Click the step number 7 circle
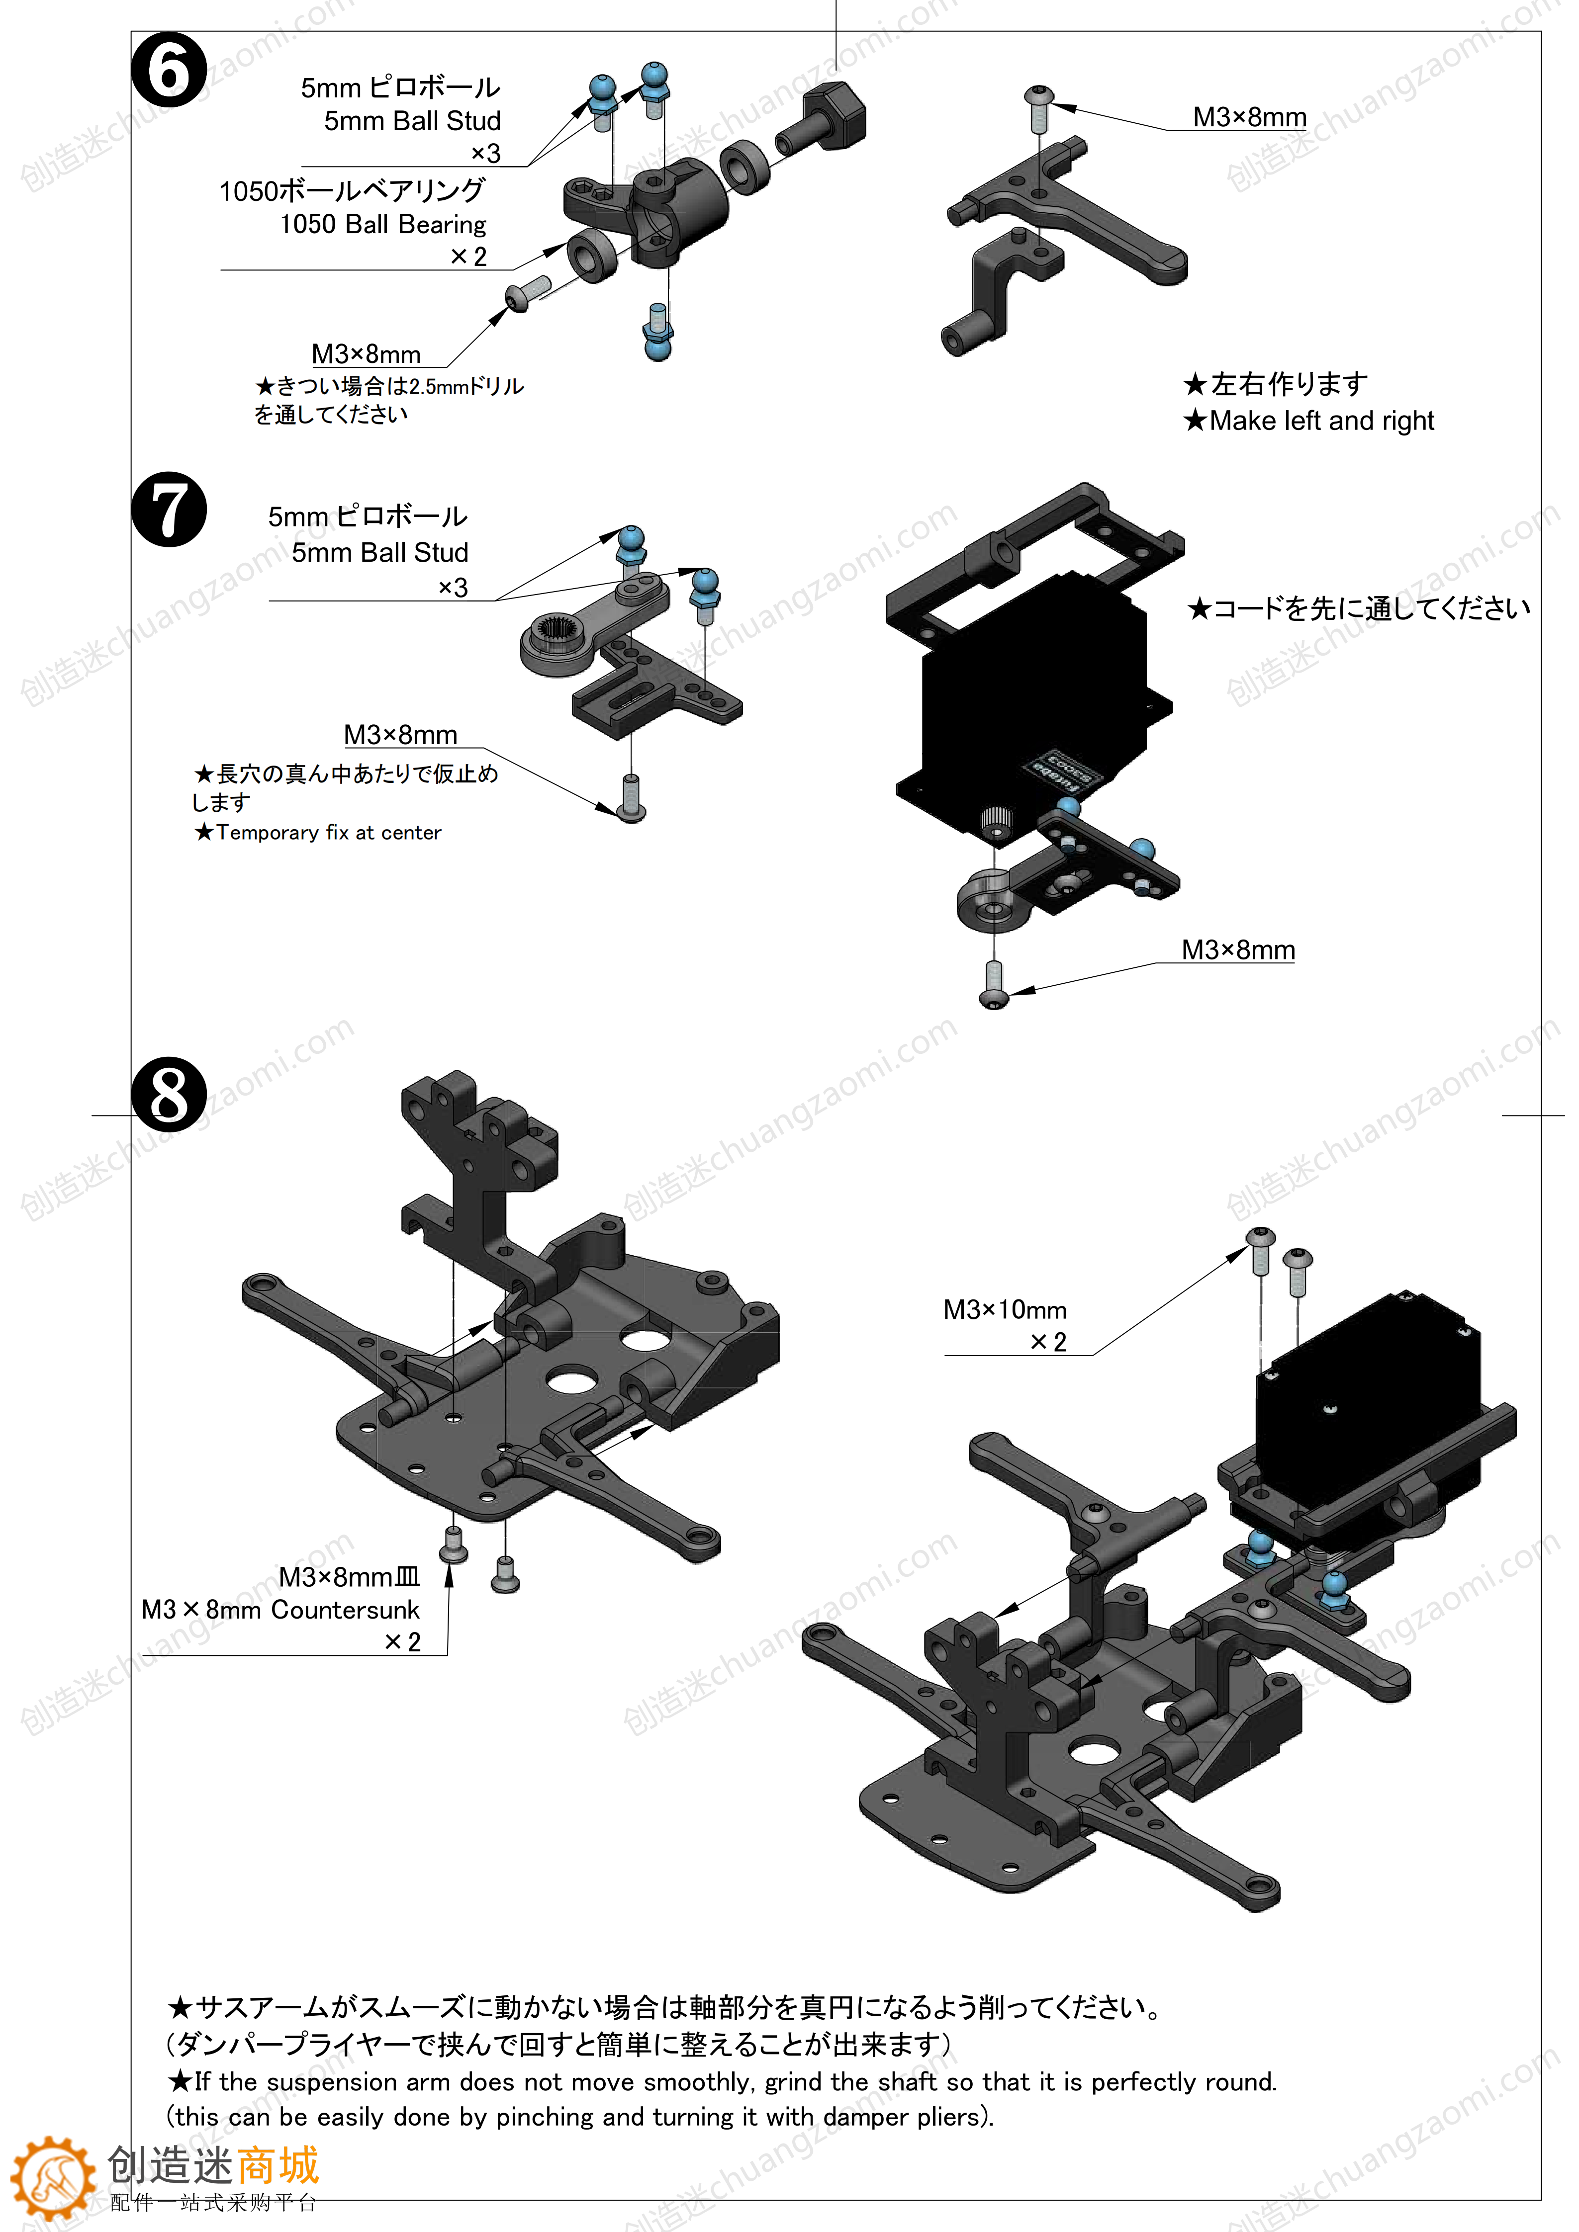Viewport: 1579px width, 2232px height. point(169,510)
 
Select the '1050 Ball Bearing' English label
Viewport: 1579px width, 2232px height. point(383,225)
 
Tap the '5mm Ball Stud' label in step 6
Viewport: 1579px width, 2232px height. point(412,121)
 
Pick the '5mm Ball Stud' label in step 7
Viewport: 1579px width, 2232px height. point(380,552)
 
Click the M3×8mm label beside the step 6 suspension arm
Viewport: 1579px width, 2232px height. point(1249,118)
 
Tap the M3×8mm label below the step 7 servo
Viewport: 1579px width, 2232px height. point(1238,950)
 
